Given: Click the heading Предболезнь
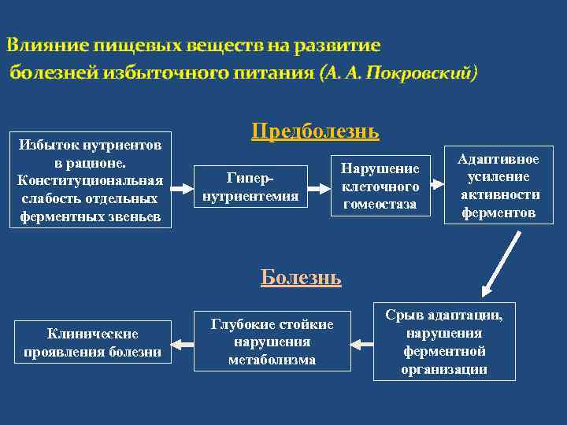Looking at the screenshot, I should (x=315, y=131).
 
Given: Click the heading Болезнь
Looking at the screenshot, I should (x=301, y=277).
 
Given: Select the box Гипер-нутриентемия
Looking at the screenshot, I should (x=250, y=187).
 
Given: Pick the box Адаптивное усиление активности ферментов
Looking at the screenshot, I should (x=500, y=186).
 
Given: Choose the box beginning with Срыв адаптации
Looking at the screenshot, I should (x=444, y=342).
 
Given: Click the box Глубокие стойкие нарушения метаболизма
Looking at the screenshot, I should (x=272, y=342).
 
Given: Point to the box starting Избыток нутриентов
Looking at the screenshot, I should (x=91, y=180).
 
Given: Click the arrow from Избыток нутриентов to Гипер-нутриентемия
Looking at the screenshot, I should (x=183, y=189).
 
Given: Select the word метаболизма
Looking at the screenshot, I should (x=272, y=360).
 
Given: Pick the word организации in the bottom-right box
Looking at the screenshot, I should (x=444, y=368).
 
